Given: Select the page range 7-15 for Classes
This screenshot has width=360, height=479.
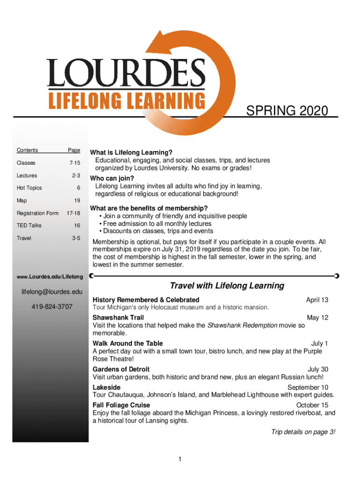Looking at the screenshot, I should [74, 163].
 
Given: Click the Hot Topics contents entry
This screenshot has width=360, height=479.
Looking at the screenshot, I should [29, 188].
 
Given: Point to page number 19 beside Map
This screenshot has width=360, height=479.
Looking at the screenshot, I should [77, 200].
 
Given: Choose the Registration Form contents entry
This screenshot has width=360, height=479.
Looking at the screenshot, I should [38, 213].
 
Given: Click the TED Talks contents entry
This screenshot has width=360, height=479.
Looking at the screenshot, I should [29, 225].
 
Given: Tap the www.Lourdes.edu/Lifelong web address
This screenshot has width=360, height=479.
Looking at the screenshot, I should [50, 277].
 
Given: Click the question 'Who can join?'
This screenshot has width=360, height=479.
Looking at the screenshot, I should [112, 179].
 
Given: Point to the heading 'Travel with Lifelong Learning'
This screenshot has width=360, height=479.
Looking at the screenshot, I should [227, 285].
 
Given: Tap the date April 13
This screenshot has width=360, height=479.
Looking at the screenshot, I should [317, 300].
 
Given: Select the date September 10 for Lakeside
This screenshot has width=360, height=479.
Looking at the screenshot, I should [308, 387].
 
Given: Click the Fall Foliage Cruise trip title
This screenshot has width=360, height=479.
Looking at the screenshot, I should [122, 405].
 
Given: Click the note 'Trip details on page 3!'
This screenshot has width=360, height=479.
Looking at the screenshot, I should [303, 432].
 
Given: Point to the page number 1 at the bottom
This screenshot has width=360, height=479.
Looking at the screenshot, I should [180, 459].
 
